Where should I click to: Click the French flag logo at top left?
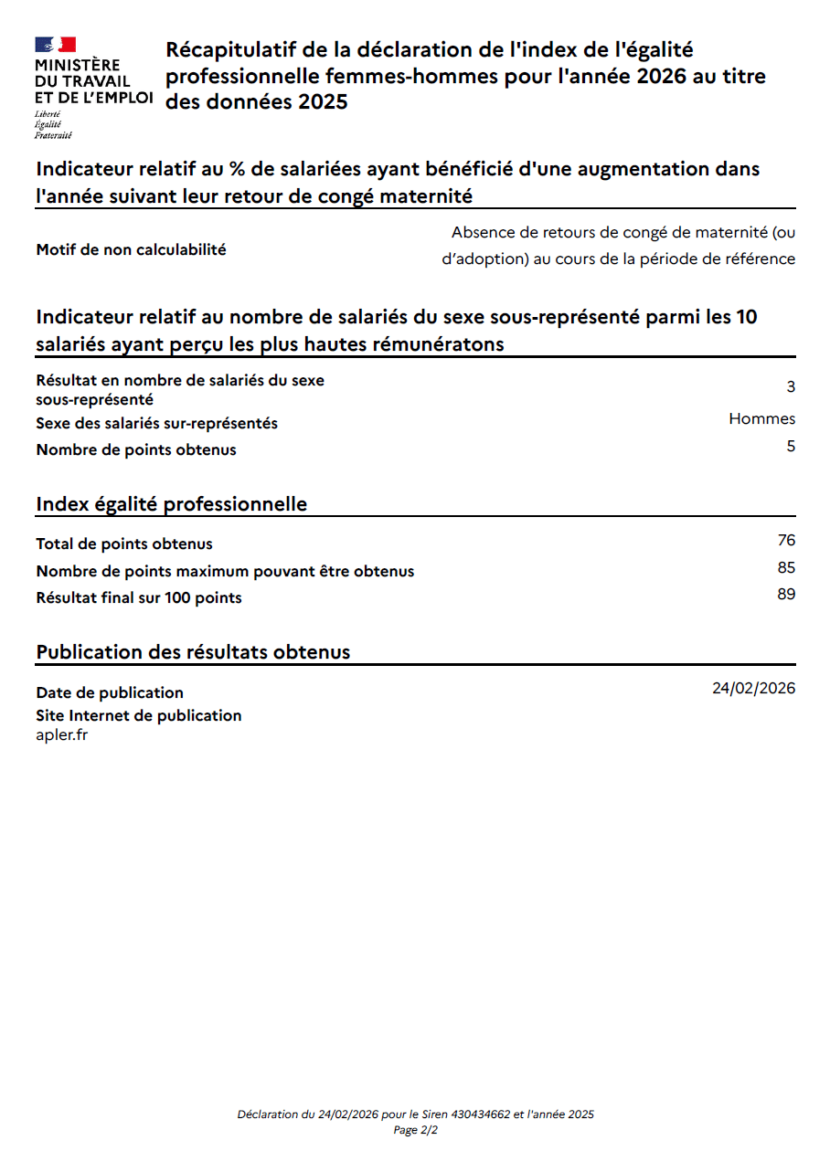click(55, 45)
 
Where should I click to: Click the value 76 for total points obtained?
click(786, 541)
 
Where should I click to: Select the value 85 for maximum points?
click(786, 568)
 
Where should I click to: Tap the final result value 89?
click(786, 595)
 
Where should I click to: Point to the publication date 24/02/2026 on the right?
click(753, 689)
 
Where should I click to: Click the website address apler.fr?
click(62, 735)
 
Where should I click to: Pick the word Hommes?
click(761, 419)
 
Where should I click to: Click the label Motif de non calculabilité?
click(131, 249)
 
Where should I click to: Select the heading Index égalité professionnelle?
click(171, 504)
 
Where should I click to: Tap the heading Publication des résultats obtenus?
click(193, 652)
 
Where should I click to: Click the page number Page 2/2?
click(416, 1131)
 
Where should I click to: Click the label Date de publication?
click(110, 692)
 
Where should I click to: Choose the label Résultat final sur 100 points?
click(139, 598)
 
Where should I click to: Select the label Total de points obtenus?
click(124, 544)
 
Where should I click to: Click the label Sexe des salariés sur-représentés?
click(157, 424)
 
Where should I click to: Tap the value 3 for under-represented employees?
click(791, 387)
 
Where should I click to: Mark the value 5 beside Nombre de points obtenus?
click(791, 447)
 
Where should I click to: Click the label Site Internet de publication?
click(139, 715)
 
